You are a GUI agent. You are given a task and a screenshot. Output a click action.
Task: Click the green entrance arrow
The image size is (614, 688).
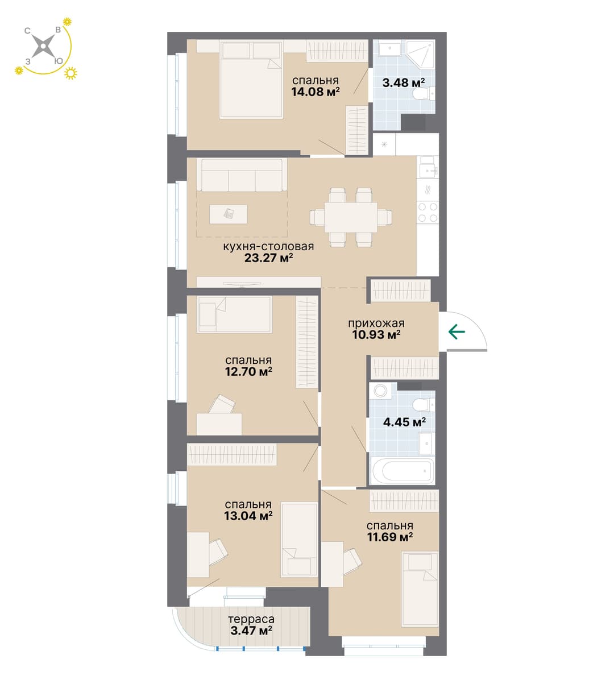pyautogui.click(x=457, y=331)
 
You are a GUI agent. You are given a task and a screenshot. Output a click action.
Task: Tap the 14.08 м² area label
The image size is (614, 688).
pyautogui.click(x=316, y=92)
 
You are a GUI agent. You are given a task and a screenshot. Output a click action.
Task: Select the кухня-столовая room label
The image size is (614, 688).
pyautogui.click(x=268, y=246)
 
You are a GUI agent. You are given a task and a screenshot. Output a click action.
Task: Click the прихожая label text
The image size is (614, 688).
pyautogui.click(x=376, y=323)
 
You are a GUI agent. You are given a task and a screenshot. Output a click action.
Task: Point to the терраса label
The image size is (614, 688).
pyautogui.click(x=251, y=619)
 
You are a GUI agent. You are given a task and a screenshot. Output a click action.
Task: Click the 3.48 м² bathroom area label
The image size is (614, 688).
pyautogui.click(x=404, y=82)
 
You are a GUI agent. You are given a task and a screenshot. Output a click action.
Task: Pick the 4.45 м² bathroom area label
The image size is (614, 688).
pyautogui.click(x=404, y=422)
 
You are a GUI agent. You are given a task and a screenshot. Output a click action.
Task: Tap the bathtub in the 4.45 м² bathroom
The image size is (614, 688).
pyautogui.click(x=403, y=471)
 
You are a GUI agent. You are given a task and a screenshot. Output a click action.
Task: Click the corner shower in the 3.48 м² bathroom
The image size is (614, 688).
pyautogui.click(x=421, y=55)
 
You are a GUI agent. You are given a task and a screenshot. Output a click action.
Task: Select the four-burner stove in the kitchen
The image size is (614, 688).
pyautogui.click(x=428, y=212)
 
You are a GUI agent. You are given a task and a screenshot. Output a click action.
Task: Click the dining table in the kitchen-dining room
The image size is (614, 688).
pyautogui.click(x=351, y=217)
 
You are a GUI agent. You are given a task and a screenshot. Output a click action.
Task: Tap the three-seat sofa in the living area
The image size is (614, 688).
pyautogui.click(x=242, y=175)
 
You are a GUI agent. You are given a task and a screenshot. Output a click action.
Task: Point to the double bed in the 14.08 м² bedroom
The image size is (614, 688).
pyautogui.click(x=251, y=80)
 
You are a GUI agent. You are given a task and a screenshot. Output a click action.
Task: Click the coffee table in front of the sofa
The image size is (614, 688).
pyautogui.click(x=228, y=214)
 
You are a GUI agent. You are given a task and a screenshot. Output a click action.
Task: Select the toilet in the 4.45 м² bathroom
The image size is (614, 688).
pyautogui.click(x=424, y=405)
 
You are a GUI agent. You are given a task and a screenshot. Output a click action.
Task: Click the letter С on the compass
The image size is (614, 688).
pyautogui.click(x=27, y=31)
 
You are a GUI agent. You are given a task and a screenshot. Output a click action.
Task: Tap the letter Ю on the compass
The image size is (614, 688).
pyautogui.click(x=59, y=61)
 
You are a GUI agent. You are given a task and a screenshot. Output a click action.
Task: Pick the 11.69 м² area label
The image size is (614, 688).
pyautogui.click(x=390, y=537)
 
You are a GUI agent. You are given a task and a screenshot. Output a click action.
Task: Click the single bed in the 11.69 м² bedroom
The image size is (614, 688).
pyautogui.click(x=420, y=589)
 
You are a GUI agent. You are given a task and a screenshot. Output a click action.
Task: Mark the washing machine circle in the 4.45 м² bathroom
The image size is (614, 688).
pyautogui.click(x=381, y=391)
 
